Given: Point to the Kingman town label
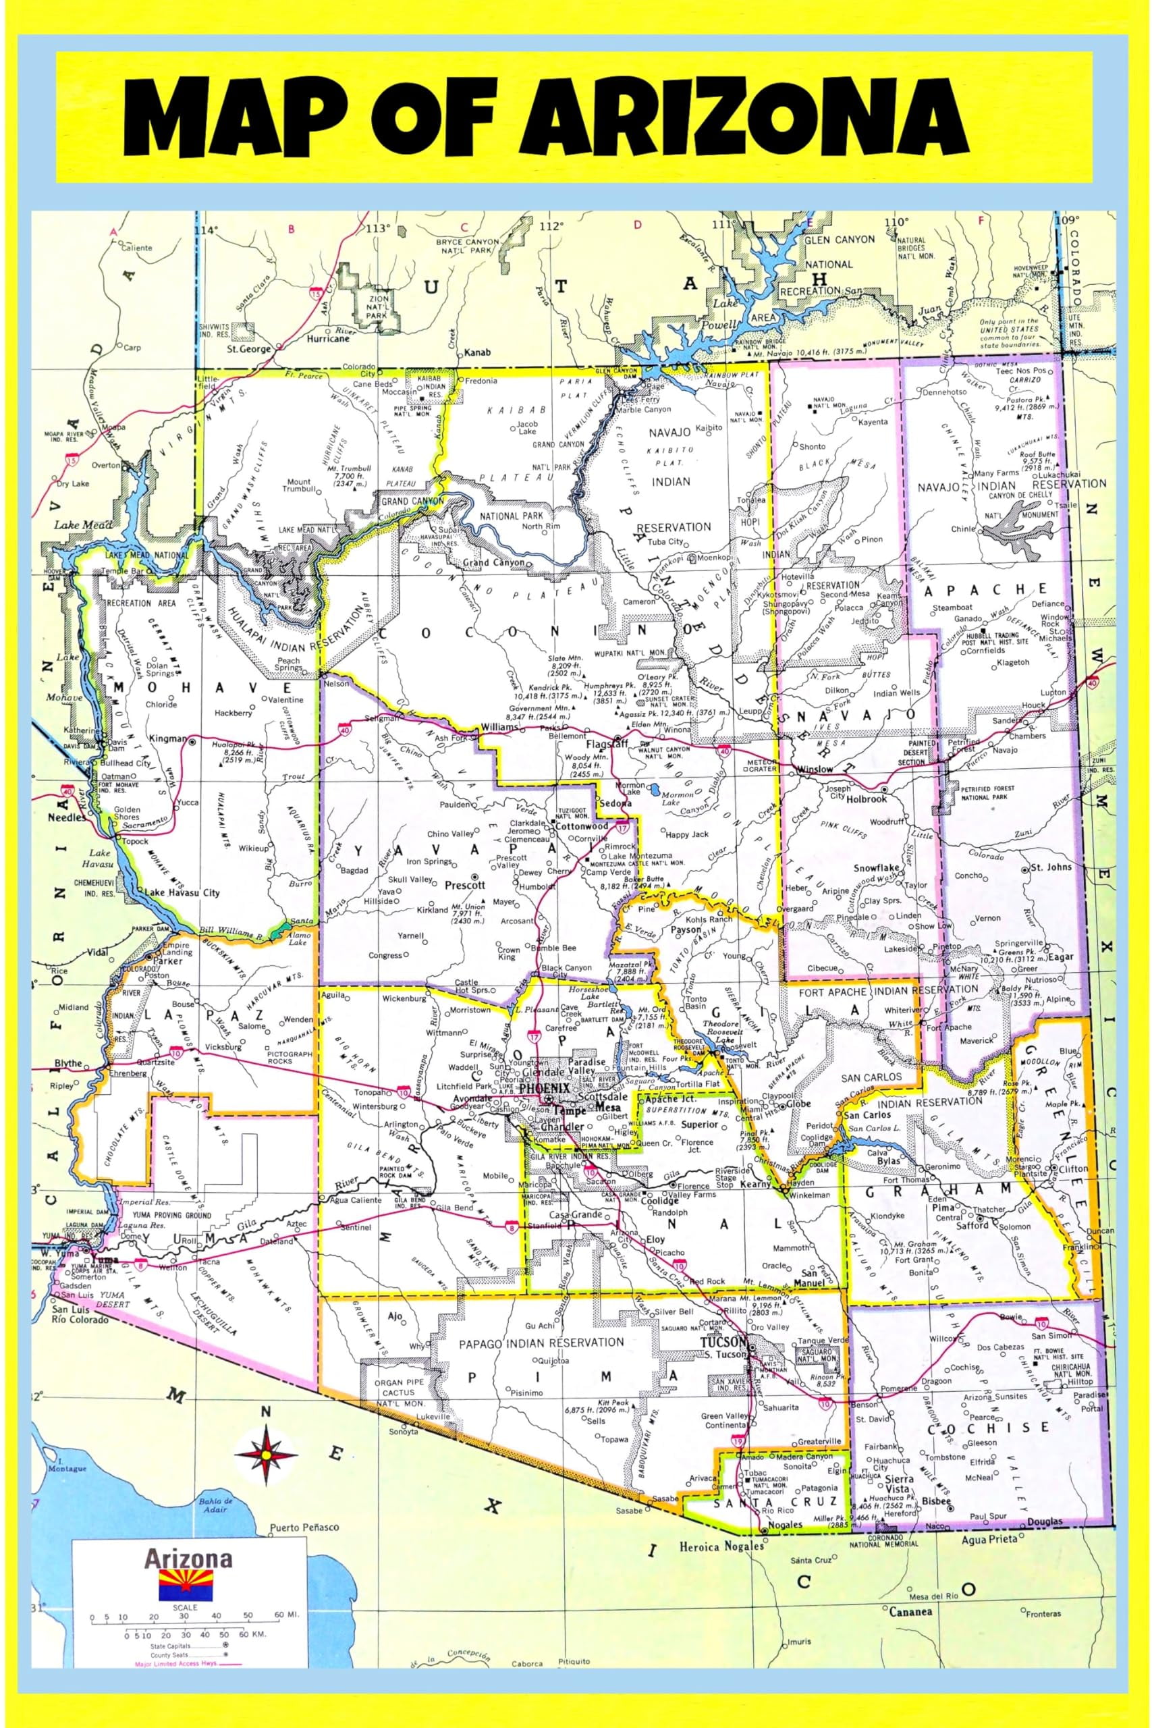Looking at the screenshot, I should [x=167, y=738].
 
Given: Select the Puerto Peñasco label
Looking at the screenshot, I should [x=304, y=1527].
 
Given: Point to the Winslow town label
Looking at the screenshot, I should [x=814, y=769].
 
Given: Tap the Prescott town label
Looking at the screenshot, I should [x=465, y=886].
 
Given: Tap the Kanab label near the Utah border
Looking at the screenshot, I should [x=477, y=352].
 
